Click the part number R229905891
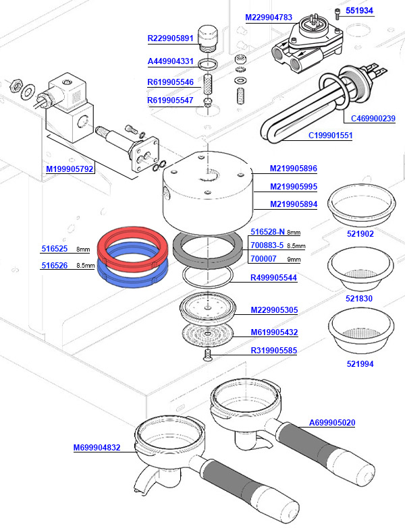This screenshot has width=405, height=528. click(x=170, y=38)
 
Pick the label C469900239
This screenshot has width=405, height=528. click(x=373, y=119)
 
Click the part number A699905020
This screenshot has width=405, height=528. click(x=331, y=423)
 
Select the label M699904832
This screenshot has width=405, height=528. click(x=97, y=447)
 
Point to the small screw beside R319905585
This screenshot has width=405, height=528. click(x=208, y=353)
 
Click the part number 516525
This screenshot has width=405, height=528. click(x=53, y=248)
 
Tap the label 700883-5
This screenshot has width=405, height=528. click(x=267, y=245)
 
